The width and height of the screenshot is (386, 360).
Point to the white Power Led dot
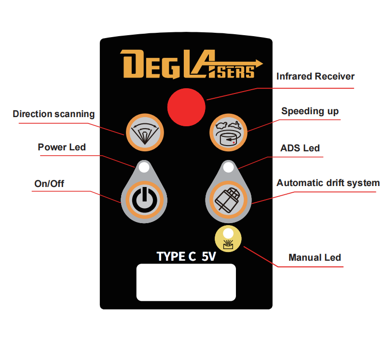point(143,168)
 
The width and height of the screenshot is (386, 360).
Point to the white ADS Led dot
point(228,168)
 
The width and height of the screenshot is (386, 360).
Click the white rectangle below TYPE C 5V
point(186,282)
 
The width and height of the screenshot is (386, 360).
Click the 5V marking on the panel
point(208,256)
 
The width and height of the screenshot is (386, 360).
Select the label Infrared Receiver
point(315,77)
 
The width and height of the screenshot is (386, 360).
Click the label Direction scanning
point(54,114)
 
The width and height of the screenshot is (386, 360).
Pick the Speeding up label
point(310,111)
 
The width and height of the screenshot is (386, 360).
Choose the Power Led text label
point(62,147)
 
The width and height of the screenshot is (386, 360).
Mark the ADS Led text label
point(300,148)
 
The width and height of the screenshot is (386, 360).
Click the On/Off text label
point(49,184)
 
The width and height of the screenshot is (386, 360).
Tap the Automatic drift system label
point(328,183)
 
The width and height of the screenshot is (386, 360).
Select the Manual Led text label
point(315,257)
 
